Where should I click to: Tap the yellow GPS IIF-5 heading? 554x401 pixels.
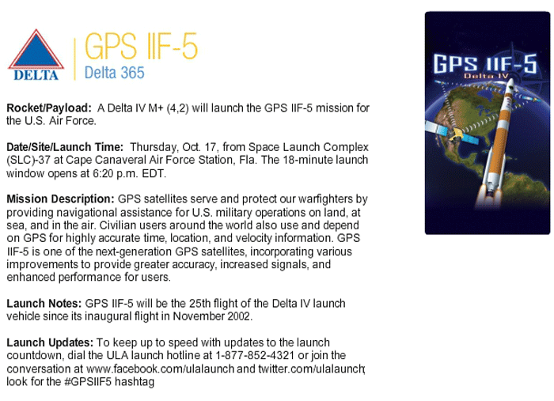click(x=141, y=46)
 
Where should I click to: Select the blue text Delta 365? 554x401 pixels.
click(x=115, y=73)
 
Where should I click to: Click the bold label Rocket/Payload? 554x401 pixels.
click(x=49, y=108)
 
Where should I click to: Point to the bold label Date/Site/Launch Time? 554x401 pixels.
click(x=65, y=147)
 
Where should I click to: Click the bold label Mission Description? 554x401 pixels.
click(x=60, y=199)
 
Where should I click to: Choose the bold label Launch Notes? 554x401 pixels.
click(x=44, y=304)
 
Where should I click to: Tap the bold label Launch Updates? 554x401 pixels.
click(x=50, y=342)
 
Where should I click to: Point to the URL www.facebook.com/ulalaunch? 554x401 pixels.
click(x=160, y=369)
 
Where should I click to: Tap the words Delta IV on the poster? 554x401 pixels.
click(x=486, y=76)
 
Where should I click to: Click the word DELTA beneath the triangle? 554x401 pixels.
click(x=36, y=75)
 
